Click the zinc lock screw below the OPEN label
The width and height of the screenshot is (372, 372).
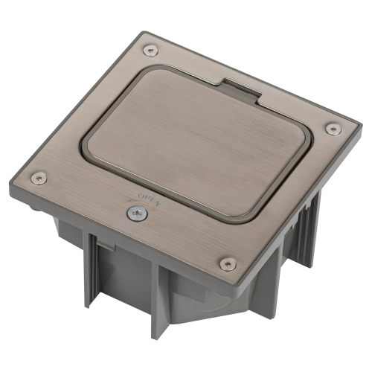click(x=138, y=214)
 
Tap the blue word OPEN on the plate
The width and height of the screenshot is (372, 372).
click(x=150, y=200)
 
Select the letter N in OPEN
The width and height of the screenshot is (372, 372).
click(x=158, y=203)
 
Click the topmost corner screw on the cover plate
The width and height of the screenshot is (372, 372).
click(x=151, y=51)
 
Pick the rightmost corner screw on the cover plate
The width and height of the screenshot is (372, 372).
click(x=333, y=129)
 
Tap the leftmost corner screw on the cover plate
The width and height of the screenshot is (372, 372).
click(x=39, y=178)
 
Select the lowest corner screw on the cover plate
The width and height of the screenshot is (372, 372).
click(x=228, y=264)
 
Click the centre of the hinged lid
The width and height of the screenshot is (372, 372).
click(x=197, y=145)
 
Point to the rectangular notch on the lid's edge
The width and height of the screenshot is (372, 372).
click(x=242, y=91)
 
